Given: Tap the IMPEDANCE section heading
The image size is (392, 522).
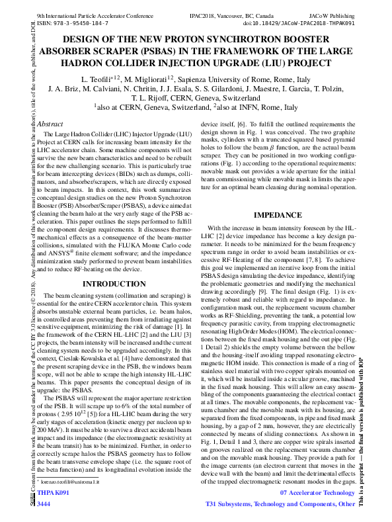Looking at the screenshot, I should pos(278,216).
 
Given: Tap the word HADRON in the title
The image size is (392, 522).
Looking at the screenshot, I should pos(82,63).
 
